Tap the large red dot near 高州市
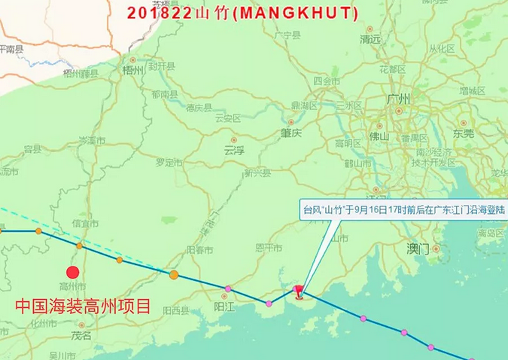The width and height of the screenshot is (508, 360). (x=72, y=273)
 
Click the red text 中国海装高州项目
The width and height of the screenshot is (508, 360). (x=84, y=307)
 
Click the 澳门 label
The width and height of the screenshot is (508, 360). (x=417, y=248)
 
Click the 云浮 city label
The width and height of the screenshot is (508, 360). (x=235, y=149)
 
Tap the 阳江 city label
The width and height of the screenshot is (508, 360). (x=224, y=306)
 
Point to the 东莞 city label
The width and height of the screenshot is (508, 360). (x=464, y=133)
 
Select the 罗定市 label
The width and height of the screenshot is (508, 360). (x=169, y=162)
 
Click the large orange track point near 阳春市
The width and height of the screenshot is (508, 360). (x=174, y=275)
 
